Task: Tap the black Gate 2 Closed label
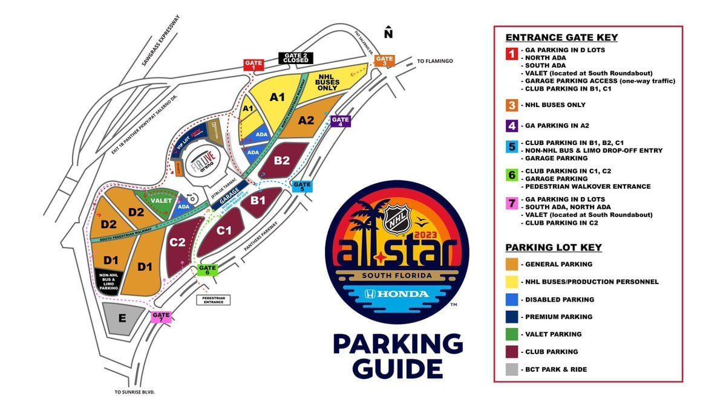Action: (x=296, y=58)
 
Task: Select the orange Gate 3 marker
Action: (x=384, y=61)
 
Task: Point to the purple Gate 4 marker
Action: (x=341, y=121)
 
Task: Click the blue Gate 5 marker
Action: (x=302, y=186)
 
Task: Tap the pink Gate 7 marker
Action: (x=162, y=317)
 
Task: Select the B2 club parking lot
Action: (x=283, y=160)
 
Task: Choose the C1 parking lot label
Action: (x=224, y=230)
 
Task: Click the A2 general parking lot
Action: (x=307, y=120)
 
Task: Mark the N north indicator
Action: (x=389, y=33)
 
